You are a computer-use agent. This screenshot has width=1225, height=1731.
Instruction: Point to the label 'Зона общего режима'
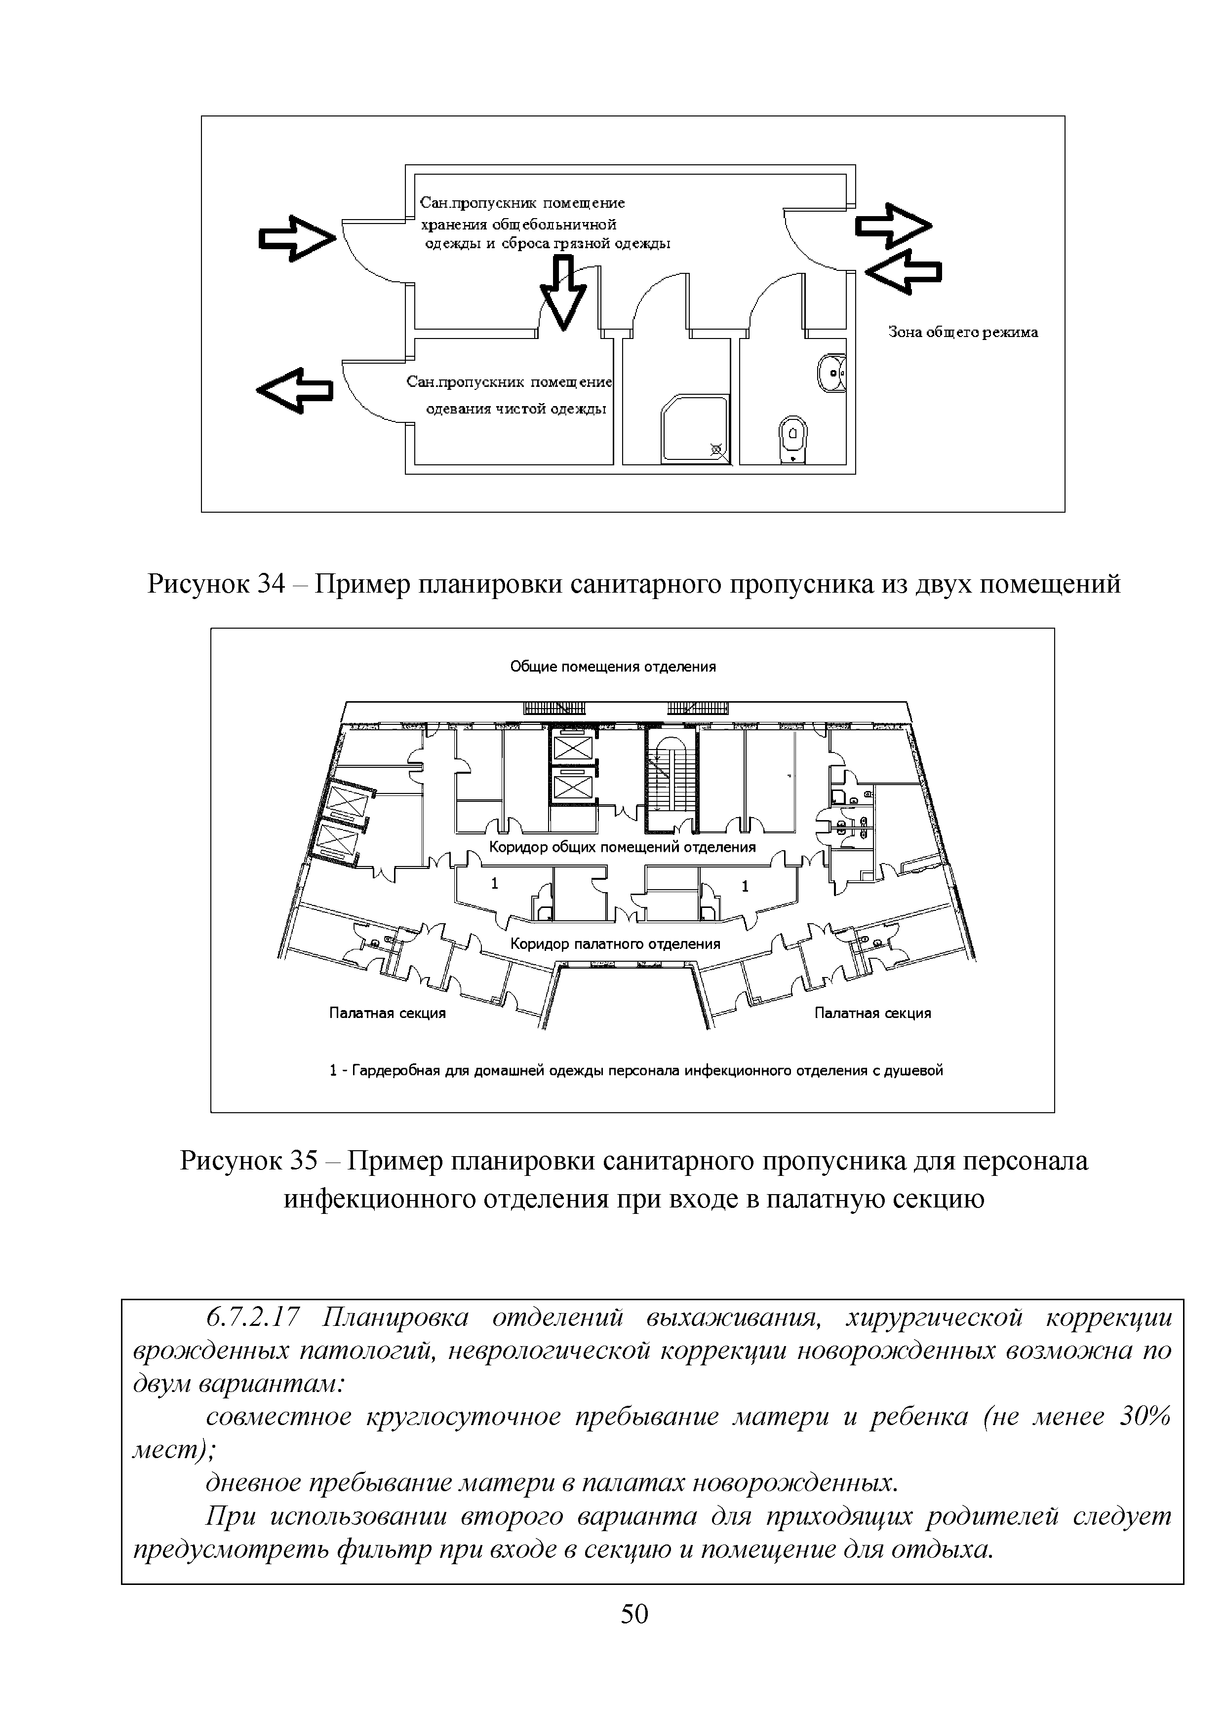pos(962,333)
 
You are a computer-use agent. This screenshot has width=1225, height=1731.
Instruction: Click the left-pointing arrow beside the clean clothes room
pos(295,390)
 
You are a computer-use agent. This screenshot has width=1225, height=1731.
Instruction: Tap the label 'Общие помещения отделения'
pos(612,667)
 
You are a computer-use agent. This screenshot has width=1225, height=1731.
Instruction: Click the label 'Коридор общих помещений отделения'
pos(622,847)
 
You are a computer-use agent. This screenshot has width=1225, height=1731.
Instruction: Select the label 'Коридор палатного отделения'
pos(615,944)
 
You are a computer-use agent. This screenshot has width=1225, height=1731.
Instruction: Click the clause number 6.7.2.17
pos(253,1317)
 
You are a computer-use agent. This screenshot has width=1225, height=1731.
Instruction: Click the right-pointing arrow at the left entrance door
pos(296,237)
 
